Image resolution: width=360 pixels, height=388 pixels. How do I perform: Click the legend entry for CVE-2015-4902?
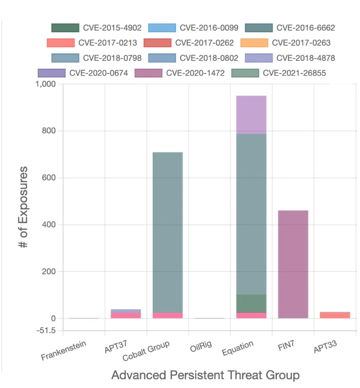click(96, 28)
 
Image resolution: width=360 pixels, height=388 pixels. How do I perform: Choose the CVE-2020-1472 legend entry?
click(180, 73)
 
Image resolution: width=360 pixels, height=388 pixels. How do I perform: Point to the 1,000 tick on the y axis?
click(44, 84)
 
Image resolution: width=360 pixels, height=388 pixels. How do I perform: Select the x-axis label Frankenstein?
click(64, 351)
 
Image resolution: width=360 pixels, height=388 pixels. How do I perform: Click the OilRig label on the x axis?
click(201, 347)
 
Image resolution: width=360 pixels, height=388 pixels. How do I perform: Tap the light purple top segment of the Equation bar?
click(251, 115)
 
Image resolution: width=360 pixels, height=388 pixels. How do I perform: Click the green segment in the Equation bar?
click(251, 304)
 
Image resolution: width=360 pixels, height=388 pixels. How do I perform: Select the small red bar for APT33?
click(335, 315)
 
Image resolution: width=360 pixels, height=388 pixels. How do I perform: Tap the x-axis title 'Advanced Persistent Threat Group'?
click(205, 375)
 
